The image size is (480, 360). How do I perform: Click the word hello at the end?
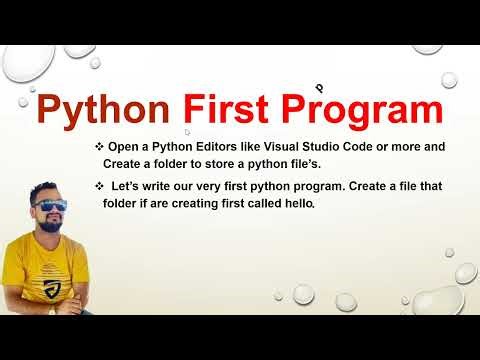click(x=299, y=203)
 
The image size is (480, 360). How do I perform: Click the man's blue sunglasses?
click(x=47, y=206)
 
